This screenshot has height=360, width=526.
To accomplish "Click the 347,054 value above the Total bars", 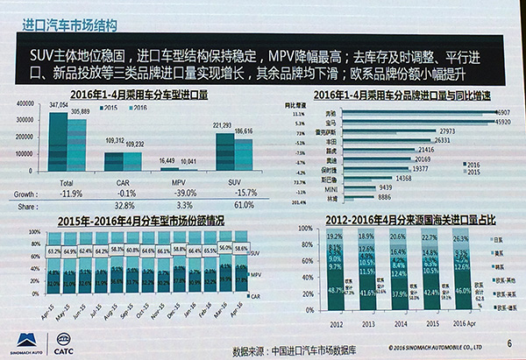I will (59, 103).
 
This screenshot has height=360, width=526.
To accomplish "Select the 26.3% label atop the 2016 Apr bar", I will (458, 236).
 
